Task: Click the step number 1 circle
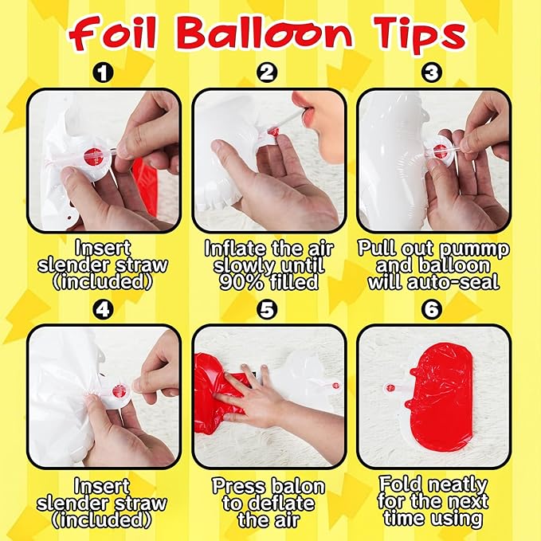click(x=103, y=73)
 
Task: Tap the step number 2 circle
click(x=267, y=73)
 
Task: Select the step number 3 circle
click(x=432, y=73)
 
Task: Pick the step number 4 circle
click(x=103, y=309)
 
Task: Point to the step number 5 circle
click(x=267, y=309)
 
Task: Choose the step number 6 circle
click(x=432, y=309)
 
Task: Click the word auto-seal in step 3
click(x=453, y=282)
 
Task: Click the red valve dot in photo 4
click(x=119, y=391)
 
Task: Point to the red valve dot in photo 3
click(x=439, y=151)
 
